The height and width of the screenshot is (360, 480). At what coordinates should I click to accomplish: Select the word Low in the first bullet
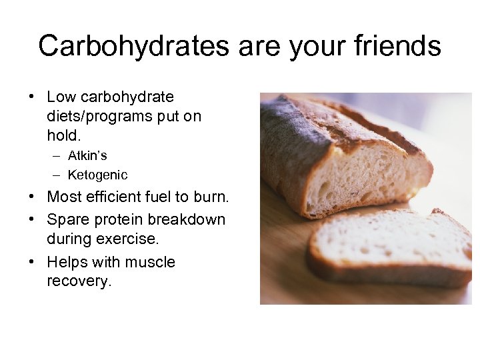click(x=62, y=97)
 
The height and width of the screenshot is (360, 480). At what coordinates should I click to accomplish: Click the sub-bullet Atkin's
click(x=87, y=155)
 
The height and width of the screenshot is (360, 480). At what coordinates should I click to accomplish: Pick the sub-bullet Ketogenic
click(x=97, y=175)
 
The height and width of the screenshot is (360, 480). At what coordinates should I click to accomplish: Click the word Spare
click(x=67, y=219)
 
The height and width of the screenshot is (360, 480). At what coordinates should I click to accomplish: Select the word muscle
click(x=153, y=262)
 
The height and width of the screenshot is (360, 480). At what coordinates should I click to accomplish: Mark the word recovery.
click(x=78, y=281)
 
